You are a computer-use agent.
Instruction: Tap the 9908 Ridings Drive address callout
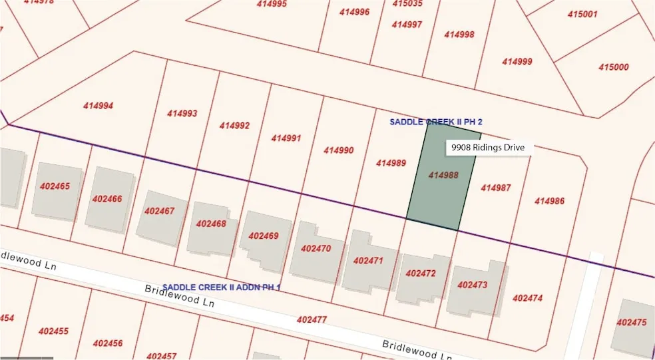pyautogui.click(x=488, y=147)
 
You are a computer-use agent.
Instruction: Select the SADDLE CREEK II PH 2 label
pyautogui.click(x=435, y=122)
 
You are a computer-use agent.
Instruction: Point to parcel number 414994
pyautogui.click(x=98, y=106)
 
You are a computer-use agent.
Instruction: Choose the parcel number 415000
pyautogui.click(x=613, y=67)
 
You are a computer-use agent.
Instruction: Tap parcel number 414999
pyautogui.click(x=517, y=61)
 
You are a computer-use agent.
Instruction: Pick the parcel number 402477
pyautogui.click(x=312, y=320)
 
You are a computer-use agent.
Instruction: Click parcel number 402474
pyautogui.click(x=527, y=298)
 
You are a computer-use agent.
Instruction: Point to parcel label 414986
pyautogui.click(x=549, y=201)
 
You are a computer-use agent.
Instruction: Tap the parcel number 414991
pyautogui.click(x=286, y=138)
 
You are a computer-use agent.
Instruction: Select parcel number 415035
pyautogui.click(x=407, y=3)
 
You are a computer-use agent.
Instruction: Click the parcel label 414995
pyautogui.click(x=272, y=4)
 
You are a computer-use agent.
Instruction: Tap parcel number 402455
pyautogui.click(x=53, y=331)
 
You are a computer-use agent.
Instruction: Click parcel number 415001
pyautogui.click(x=582, y=14)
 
